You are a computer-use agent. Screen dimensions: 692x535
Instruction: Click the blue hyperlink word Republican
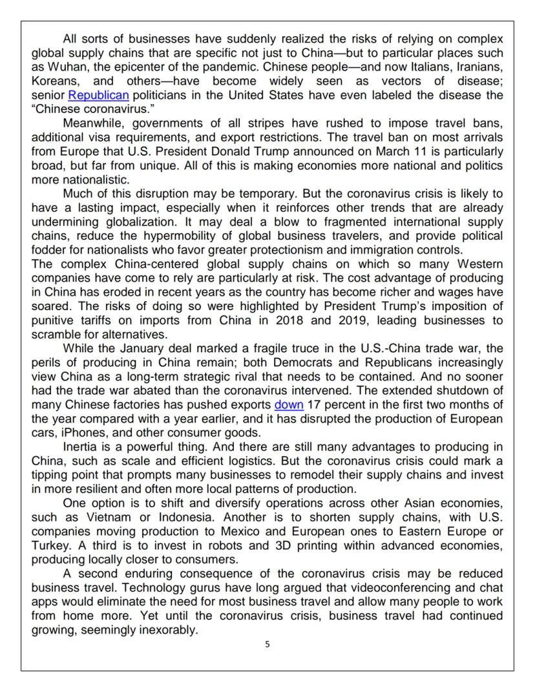point(98,96)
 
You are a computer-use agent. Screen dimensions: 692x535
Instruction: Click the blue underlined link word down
point(288,406)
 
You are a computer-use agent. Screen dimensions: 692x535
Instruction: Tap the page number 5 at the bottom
point(267,644)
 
